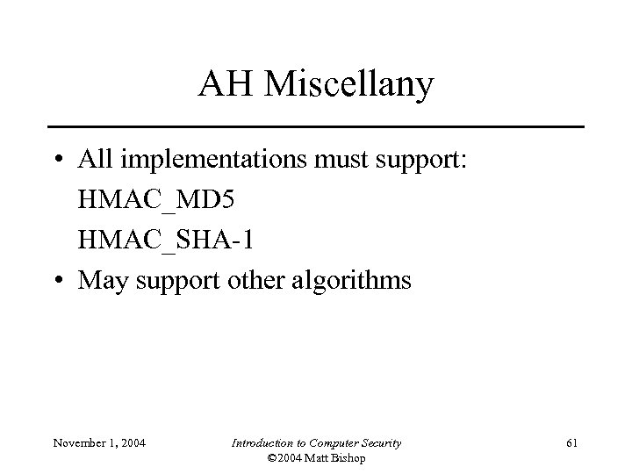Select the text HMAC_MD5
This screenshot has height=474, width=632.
(156, 201)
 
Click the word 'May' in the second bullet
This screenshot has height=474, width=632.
(102, 281)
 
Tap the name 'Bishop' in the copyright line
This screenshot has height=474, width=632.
(344, 458)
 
